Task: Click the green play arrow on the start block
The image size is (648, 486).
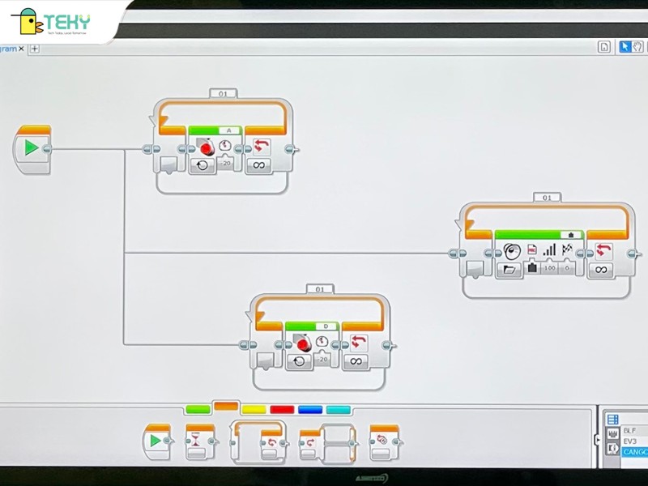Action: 32,148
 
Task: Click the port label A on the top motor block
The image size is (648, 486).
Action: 228,130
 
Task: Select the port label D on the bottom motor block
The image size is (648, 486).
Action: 326,326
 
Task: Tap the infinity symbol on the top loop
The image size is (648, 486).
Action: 259,165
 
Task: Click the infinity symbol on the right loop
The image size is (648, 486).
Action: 600,269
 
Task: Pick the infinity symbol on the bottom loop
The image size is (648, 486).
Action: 356,361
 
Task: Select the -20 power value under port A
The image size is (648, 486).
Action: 226,163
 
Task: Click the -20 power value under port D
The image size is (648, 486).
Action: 323,358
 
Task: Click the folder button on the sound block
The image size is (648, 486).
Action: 510,269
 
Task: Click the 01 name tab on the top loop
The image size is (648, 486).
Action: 223,94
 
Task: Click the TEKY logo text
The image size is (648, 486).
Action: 69,22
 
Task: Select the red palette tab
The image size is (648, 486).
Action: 282,410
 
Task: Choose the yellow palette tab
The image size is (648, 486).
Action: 254,410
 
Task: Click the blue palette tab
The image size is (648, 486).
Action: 310,410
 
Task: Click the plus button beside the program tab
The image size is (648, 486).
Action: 35,49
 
